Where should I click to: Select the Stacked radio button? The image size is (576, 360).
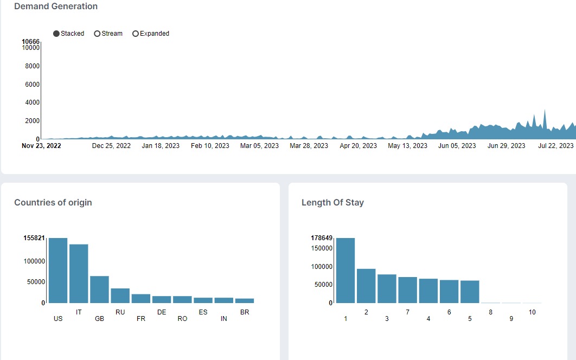tap(56, 34)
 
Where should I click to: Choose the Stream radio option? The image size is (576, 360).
tap(97, 34)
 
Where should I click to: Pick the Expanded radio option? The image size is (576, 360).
tap(135, 34)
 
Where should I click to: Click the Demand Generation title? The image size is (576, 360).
tap(56, 7)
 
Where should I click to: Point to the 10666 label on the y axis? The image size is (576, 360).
tap(30, 42)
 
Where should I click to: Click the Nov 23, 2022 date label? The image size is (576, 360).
tap(41, 145)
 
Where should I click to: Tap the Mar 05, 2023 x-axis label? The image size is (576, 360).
tap(259, 145)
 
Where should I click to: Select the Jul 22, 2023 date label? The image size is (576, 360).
tap(556, 145)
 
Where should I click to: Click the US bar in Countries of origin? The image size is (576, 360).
tap(58, 271)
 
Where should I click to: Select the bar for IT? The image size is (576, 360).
tap(79, 274)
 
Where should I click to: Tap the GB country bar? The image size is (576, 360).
tap(100, 290)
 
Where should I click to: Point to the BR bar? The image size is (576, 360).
tap(245, 300)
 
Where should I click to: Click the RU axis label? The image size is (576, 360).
tap(120, 312)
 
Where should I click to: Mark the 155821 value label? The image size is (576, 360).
tap(34, 237)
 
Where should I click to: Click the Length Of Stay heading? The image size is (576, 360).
tap(333, 202)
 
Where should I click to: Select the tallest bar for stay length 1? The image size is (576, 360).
tap(345, 271)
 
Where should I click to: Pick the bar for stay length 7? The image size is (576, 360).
tap(408, 290)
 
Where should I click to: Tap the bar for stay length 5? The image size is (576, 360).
tap(470, 292)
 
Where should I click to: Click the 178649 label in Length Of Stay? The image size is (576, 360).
tap(322, 237)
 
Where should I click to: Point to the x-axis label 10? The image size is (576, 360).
tap(532, 312)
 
